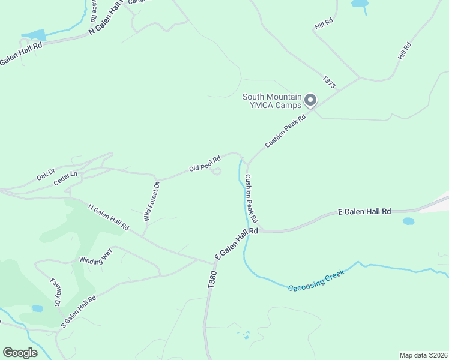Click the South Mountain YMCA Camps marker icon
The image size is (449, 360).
310,100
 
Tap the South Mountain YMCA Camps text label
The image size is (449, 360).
272,101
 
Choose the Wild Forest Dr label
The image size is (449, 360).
151,202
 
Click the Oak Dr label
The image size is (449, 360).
46,176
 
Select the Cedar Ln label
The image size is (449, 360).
65,178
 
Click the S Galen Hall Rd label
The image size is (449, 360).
78,311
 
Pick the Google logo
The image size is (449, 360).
20,353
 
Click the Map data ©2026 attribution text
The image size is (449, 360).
423,355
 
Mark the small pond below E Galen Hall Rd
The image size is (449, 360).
408,221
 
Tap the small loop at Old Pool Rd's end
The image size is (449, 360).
217,172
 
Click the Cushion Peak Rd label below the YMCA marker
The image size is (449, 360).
286,132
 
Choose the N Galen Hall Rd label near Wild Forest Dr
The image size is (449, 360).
109,217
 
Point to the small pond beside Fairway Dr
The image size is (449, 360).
37,308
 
